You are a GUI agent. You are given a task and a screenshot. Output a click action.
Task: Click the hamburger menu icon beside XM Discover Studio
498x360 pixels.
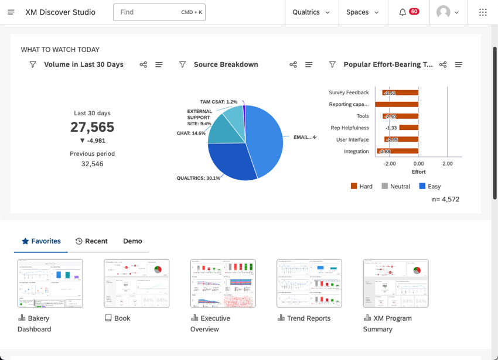(x=11, y=12)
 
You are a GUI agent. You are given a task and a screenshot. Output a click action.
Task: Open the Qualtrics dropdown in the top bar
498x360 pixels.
(x=311, y=12)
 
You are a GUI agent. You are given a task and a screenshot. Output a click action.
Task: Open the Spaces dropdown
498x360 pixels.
(x=362, y=12)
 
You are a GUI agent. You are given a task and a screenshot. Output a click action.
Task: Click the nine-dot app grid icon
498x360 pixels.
(x=483, y=12)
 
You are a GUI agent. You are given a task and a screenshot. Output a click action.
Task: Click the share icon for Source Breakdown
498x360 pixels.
(x=293, y=64)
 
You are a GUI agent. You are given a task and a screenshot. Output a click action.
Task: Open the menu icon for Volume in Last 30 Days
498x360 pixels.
(x=159, y=64)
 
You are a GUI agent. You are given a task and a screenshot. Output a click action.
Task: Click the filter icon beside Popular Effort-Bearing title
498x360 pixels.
(x=332, y=64)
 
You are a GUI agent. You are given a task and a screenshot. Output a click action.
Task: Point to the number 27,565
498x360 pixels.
(x=92, y=127)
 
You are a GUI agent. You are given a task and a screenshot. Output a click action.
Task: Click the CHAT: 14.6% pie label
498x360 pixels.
(x=191, y=133)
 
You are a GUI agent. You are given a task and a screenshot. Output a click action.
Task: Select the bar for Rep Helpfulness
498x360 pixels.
(x=409, y=128)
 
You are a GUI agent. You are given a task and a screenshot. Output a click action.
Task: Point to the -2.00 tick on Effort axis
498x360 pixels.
(x=390, y=164)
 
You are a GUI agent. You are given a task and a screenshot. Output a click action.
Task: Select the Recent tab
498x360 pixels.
(x=91, y=241)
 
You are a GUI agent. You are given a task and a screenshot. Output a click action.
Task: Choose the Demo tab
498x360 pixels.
(x=132, y=241)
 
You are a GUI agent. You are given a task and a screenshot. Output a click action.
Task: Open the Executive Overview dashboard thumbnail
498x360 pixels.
(x=223, y=283)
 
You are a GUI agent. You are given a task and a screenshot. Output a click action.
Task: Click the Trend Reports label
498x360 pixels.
(x=308, y=318)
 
